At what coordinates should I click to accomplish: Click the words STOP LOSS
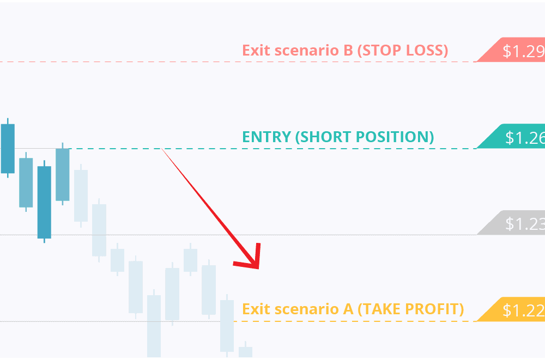coord(403,51)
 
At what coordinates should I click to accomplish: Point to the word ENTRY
coord(267,137)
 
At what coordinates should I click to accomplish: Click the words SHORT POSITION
coord(365,137)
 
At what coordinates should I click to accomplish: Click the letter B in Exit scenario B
coord(348,51)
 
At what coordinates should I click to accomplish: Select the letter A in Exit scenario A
coord(348,309)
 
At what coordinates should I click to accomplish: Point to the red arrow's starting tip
coord(162,149)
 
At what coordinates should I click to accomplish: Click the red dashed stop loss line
coord(238,62)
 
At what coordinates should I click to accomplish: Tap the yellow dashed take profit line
coord(355,321)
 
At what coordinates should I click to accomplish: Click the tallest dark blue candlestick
coord(44,202)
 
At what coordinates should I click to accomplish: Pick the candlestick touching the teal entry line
coord(63,174)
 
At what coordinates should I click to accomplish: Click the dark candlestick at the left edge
coord(8,148)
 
